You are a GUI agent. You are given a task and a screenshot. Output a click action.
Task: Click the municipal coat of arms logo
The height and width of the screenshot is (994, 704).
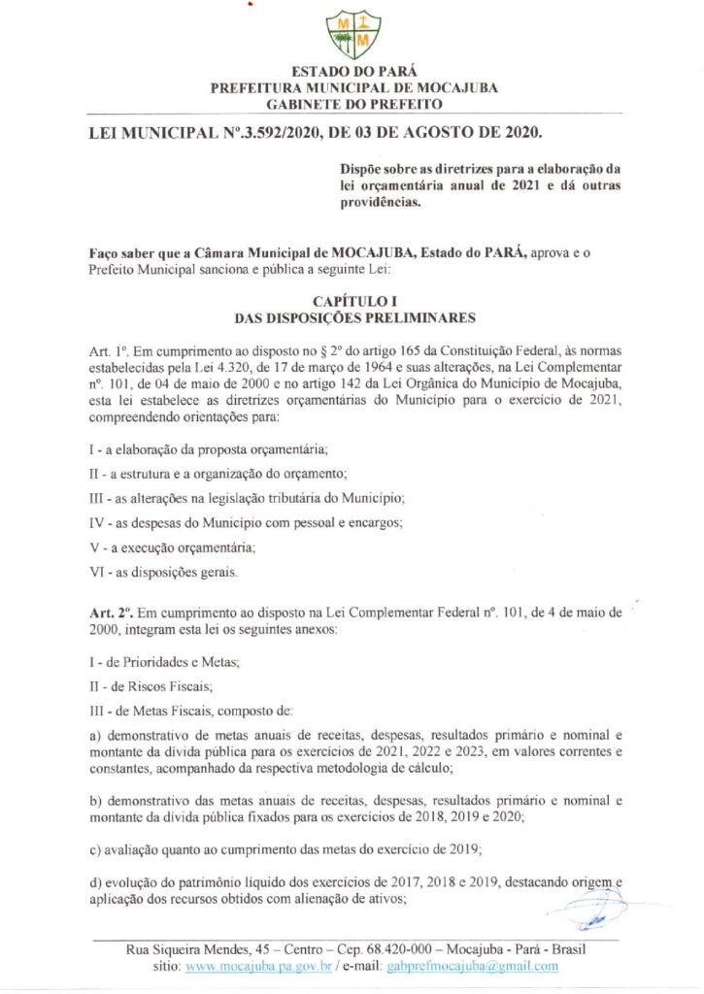click(352, 33)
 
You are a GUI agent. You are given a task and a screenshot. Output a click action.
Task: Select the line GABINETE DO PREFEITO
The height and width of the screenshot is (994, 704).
click(353, 103)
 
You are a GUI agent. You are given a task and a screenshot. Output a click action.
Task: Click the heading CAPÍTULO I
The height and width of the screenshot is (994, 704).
click(352, 302)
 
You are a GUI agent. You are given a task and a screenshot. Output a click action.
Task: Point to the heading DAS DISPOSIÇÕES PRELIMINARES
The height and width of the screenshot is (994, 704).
click(353, 317)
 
